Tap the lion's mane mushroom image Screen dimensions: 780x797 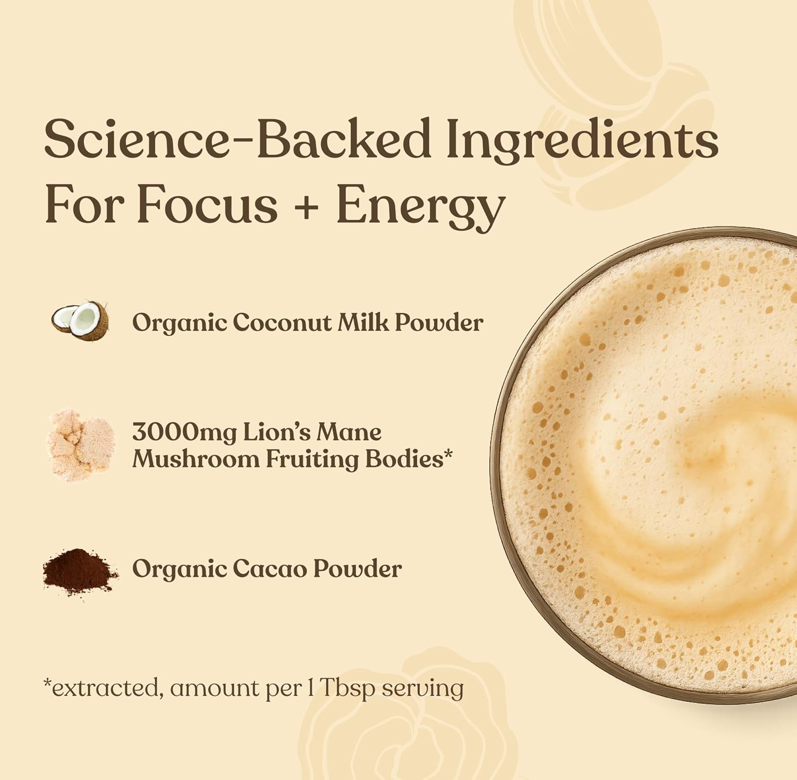point(81,445)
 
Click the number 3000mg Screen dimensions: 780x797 point(184,433)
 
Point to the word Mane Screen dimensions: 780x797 point(349,432)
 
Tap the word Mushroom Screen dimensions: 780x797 point(195,459)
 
